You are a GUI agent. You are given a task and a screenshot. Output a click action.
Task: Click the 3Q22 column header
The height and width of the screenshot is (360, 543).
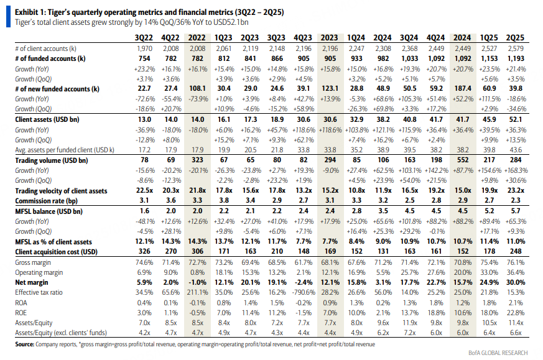(x=144, y=38)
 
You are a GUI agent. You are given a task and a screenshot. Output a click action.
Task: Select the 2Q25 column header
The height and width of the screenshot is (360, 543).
(x=515, y=38)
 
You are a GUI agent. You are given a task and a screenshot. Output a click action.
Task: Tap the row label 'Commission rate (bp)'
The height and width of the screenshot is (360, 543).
(x=46, y=201)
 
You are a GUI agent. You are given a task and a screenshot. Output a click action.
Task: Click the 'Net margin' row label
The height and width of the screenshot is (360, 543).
(x=32, y=282)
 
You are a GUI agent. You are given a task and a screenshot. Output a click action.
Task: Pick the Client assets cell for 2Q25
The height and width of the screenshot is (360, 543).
(x=515, y=119)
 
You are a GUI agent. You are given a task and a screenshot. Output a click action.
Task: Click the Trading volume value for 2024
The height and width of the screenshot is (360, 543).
(x=463, y=160)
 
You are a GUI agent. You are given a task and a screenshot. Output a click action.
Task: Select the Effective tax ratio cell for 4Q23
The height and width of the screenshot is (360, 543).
(x=304, y=292)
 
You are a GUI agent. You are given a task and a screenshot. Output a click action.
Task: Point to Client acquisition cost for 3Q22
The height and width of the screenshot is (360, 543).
(x=144, y=251)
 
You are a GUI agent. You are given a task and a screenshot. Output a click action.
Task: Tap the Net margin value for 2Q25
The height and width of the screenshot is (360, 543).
(x=515, y=282)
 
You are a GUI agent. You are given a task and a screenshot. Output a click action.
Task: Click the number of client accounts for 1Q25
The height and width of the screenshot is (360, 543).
(x=489, y=48)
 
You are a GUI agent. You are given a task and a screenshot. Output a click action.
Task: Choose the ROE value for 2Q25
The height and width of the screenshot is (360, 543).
(x=515, y=313)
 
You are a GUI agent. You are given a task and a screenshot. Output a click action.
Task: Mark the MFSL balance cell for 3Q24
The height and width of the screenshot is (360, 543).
(x=410, y=211)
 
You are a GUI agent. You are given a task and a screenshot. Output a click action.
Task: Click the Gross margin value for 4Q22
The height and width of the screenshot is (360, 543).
(x=170, y=262)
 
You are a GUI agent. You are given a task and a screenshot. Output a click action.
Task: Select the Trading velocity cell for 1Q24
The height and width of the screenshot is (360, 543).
(x=356, y=190)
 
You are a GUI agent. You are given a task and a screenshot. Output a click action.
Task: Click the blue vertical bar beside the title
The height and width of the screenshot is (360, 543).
(x=8, y=17)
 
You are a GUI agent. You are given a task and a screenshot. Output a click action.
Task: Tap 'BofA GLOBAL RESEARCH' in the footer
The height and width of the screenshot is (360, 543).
(x=498, y=353)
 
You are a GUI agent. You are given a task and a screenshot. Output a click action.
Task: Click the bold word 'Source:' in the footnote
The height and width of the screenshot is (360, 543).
(x=25, y=344)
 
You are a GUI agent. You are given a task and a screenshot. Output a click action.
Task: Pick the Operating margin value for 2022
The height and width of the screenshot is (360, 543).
(x=197, y=272)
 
